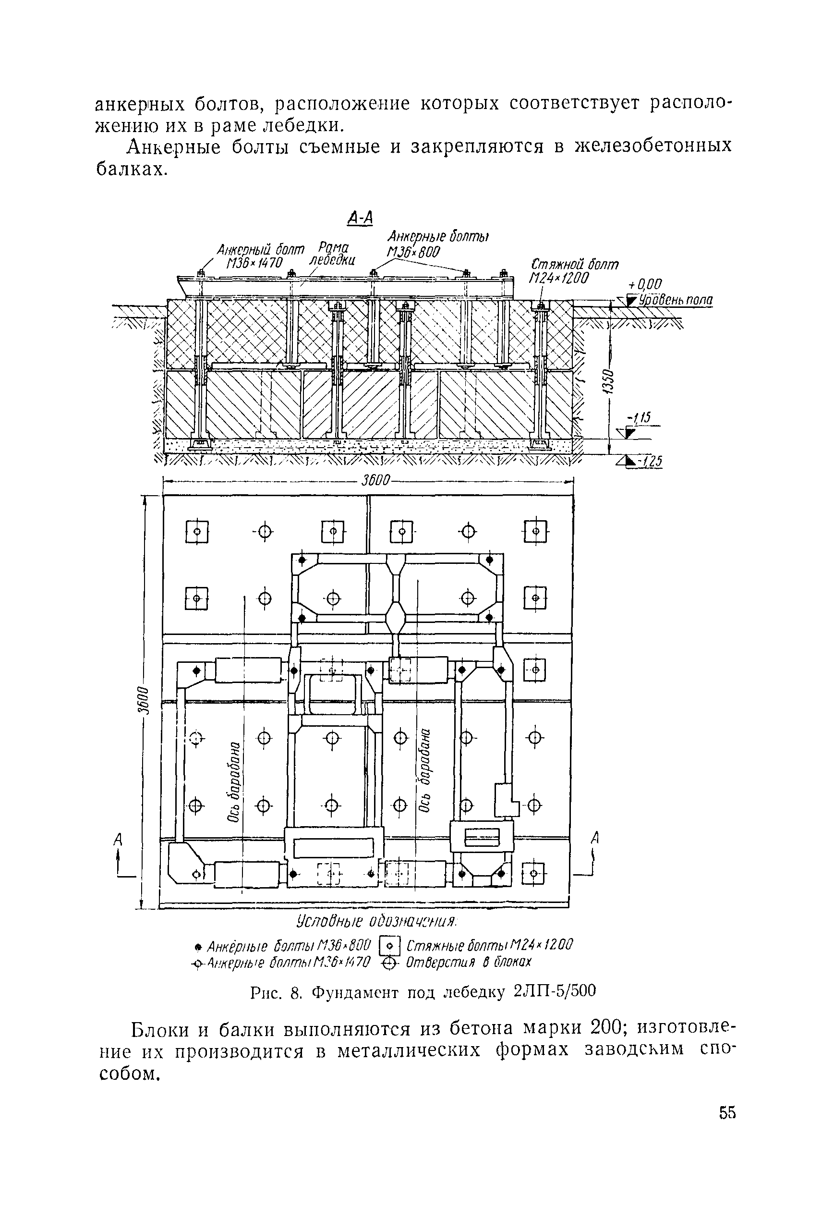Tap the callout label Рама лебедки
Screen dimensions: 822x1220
(332, 253)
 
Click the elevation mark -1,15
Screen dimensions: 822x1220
(639, 418)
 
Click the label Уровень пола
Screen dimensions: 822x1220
(676, 300)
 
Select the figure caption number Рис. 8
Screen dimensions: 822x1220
(276, 992)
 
